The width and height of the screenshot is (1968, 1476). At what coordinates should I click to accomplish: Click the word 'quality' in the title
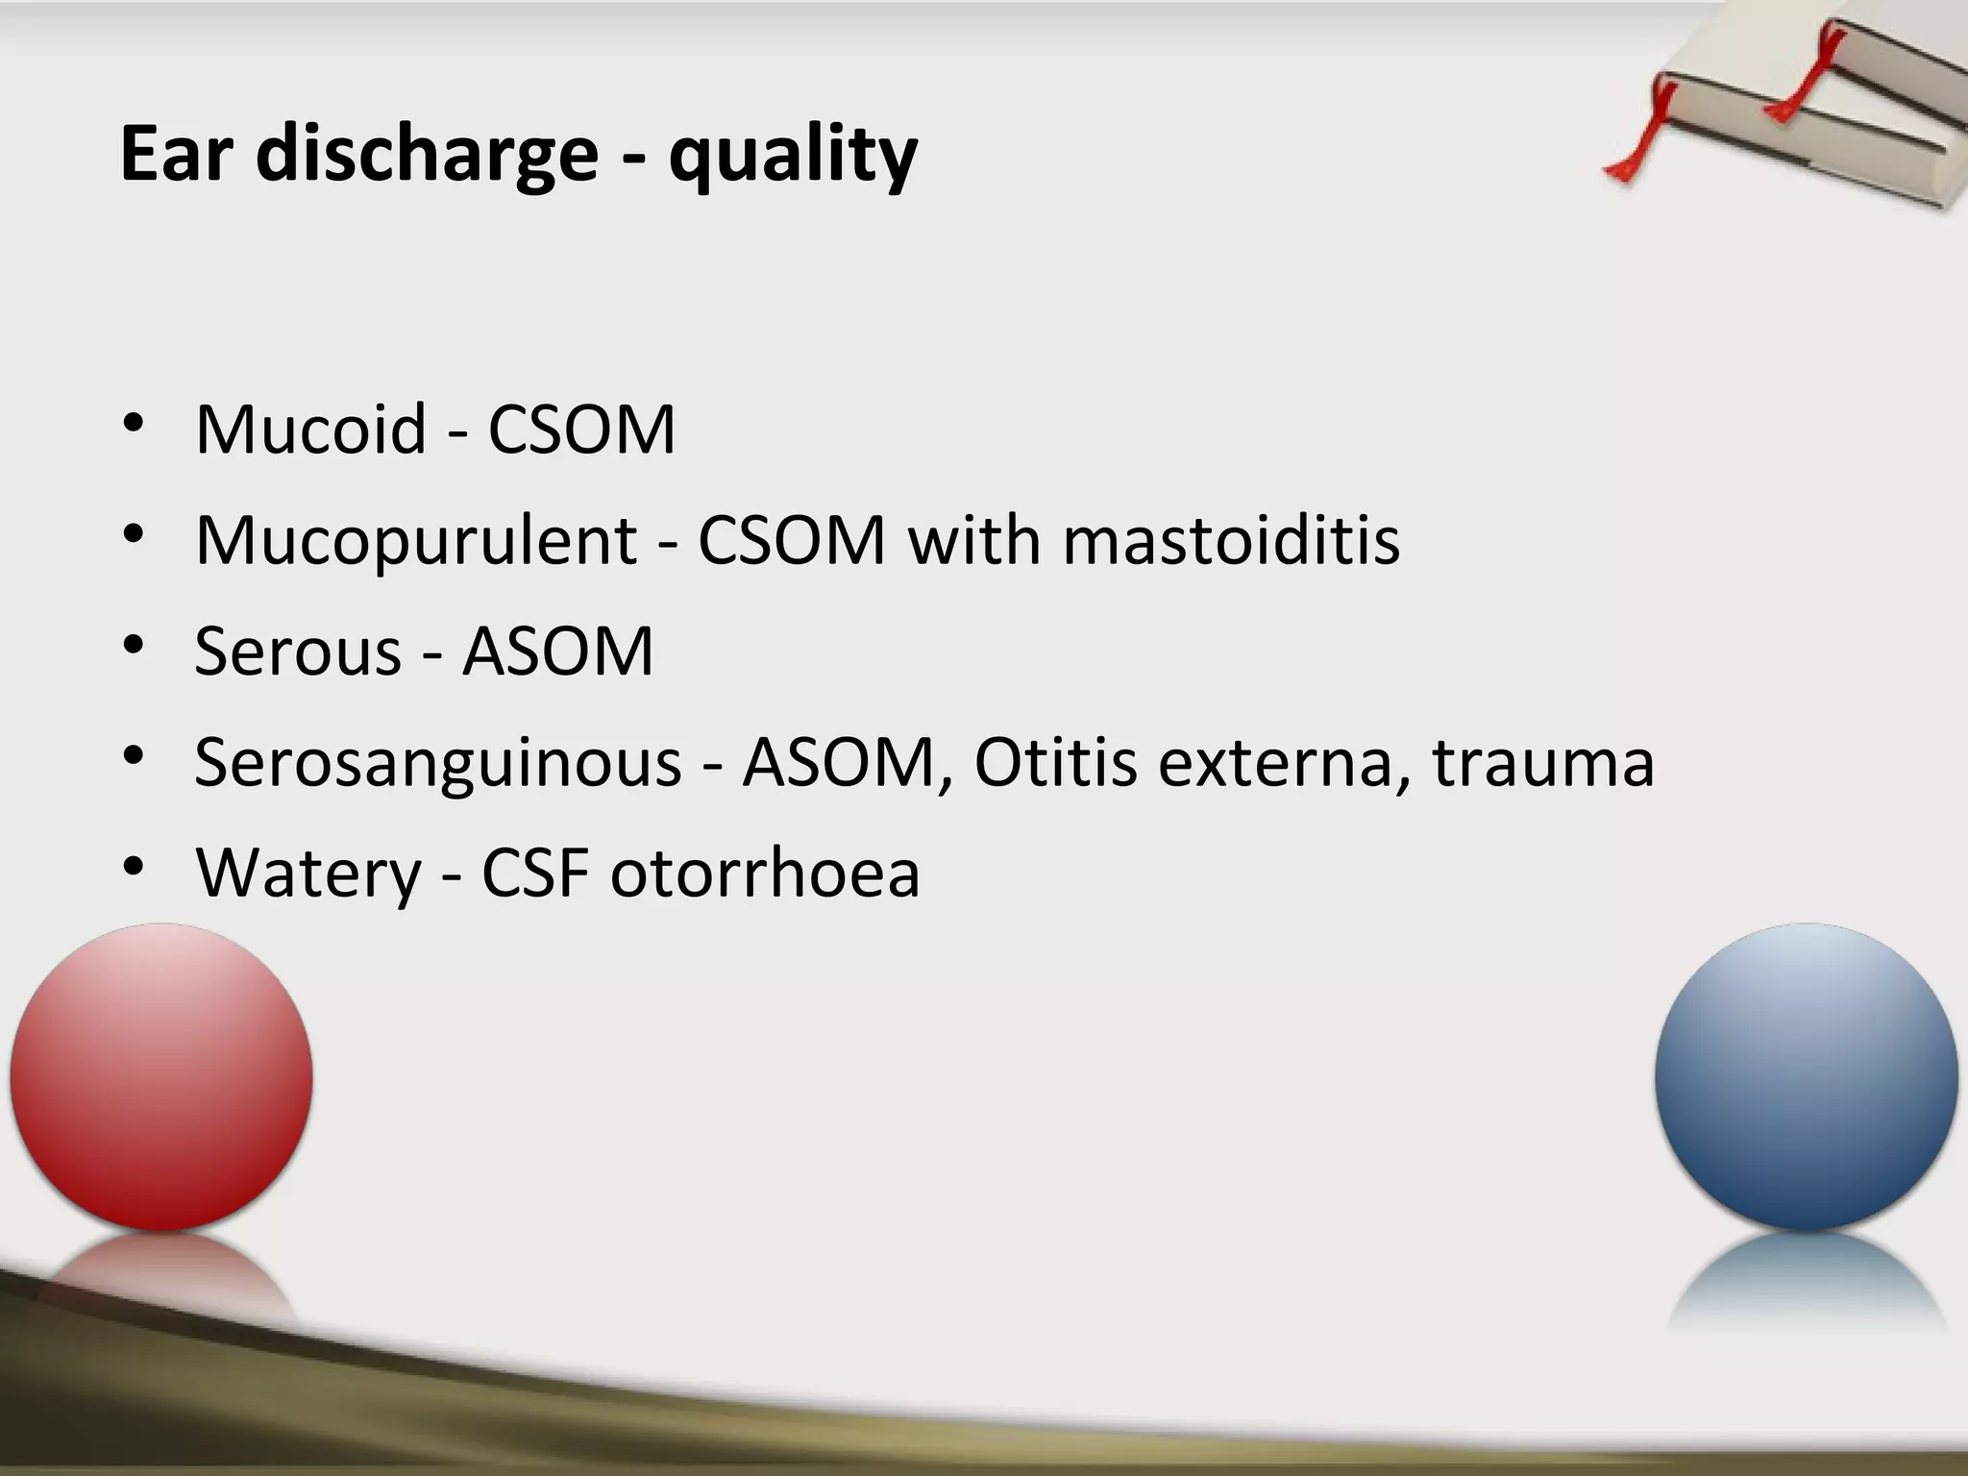point(793,157)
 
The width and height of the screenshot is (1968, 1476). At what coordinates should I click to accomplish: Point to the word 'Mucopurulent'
point(416,541)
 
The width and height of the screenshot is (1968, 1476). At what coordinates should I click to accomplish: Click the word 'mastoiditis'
point(1231,540)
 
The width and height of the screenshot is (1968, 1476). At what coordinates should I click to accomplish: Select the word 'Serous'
point(298,652)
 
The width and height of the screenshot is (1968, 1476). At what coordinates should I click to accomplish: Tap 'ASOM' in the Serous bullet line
point(557,652)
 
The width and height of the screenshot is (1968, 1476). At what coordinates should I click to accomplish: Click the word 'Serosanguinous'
point(437,763)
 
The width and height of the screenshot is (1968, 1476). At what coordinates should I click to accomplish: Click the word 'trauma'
point(1543,762)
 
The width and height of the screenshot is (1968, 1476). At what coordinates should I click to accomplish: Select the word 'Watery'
point(308,873)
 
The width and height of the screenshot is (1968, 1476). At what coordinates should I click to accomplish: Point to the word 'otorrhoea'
point(765,873)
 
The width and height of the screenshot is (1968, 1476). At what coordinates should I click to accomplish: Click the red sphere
point(161,1076)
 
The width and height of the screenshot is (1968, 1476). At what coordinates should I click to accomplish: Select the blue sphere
point(1807,1076)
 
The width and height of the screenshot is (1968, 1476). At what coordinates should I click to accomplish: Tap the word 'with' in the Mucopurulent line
point(974,540)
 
